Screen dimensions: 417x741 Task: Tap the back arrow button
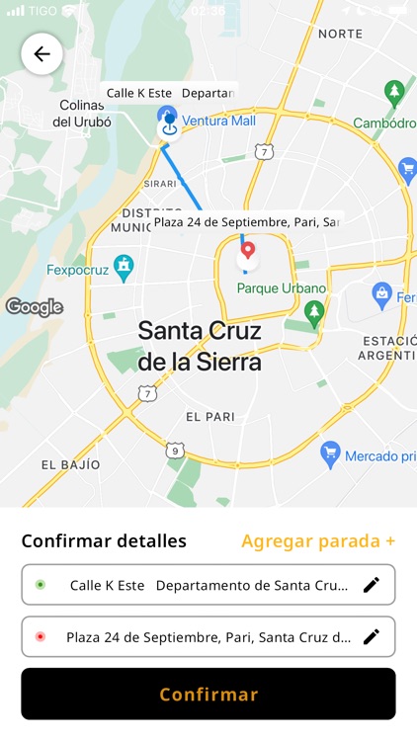42,54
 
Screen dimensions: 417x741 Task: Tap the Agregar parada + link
318,540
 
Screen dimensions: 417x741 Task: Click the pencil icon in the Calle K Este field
371,585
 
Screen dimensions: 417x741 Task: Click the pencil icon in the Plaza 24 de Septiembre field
371,636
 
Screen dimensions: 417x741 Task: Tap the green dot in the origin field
40,585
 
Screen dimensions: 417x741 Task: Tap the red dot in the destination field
40,636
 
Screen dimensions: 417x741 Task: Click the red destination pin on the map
248,251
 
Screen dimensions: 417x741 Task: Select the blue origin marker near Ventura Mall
169,123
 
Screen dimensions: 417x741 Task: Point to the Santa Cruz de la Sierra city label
200,346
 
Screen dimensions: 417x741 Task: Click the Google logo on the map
35,306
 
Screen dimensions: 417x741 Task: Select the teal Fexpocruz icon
123,265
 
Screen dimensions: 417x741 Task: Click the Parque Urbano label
281,288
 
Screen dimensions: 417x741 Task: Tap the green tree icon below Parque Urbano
314,314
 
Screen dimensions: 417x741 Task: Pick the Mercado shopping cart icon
331,454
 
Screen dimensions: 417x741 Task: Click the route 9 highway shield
174,451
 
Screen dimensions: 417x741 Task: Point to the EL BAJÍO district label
70,464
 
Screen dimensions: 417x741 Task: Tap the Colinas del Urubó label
81,114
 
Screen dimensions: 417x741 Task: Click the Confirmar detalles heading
104,540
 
